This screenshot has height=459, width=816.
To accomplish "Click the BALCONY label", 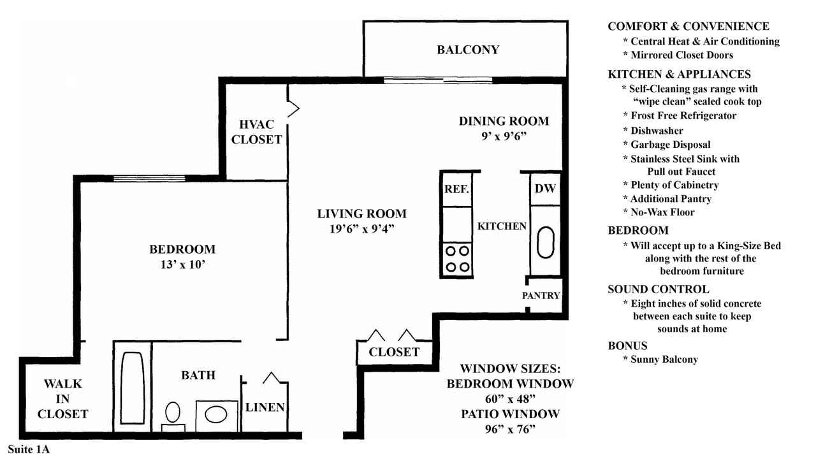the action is pos(468,50).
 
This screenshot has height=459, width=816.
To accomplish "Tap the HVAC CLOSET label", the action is pos(256,132).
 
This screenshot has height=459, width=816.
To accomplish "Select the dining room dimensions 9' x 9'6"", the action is pos(504,136).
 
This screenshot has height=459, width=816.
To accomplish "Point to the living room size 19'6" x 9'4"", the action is pos(361,229).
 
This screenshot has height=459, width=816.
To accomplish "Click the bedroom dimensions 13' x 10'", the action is pos(182,265).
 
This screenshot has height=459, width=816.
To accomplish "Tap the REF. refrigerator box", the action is pos(457,189).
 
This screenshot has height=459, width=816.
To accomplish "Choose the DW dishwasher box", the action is pos(545,189).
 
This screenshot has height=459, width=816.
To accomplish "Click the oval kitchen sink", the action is pos(545,242).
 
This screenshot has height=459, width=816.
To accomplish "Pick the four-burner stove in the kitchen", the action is pos(457,259).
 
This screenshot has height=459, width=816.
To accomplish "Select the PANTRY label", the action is pos(541,295).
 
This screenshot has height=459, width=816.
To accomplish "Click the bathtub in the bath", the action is pos(133,388).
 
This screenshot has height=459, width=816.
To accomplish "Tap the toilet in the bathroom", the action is pos(173,416).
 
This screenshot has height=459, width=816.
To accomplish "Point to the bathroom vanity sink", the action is pos(216,415).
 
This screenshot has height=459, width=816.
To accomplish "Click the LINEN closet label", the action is pos(265,407).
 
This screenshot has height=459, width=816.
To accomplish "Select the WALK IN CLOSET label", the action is pos(62,399).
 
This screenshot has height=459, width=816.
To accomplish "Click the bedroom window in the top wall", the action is pos(149,178).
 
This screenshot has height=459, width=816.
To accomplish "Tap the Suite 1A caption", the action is pos(29,449).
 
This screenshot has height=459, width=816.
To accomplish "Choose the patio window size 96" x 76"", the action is pos(510,430).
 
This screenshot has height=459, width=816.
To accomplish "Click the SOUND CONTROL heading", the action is pos(659,289).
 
